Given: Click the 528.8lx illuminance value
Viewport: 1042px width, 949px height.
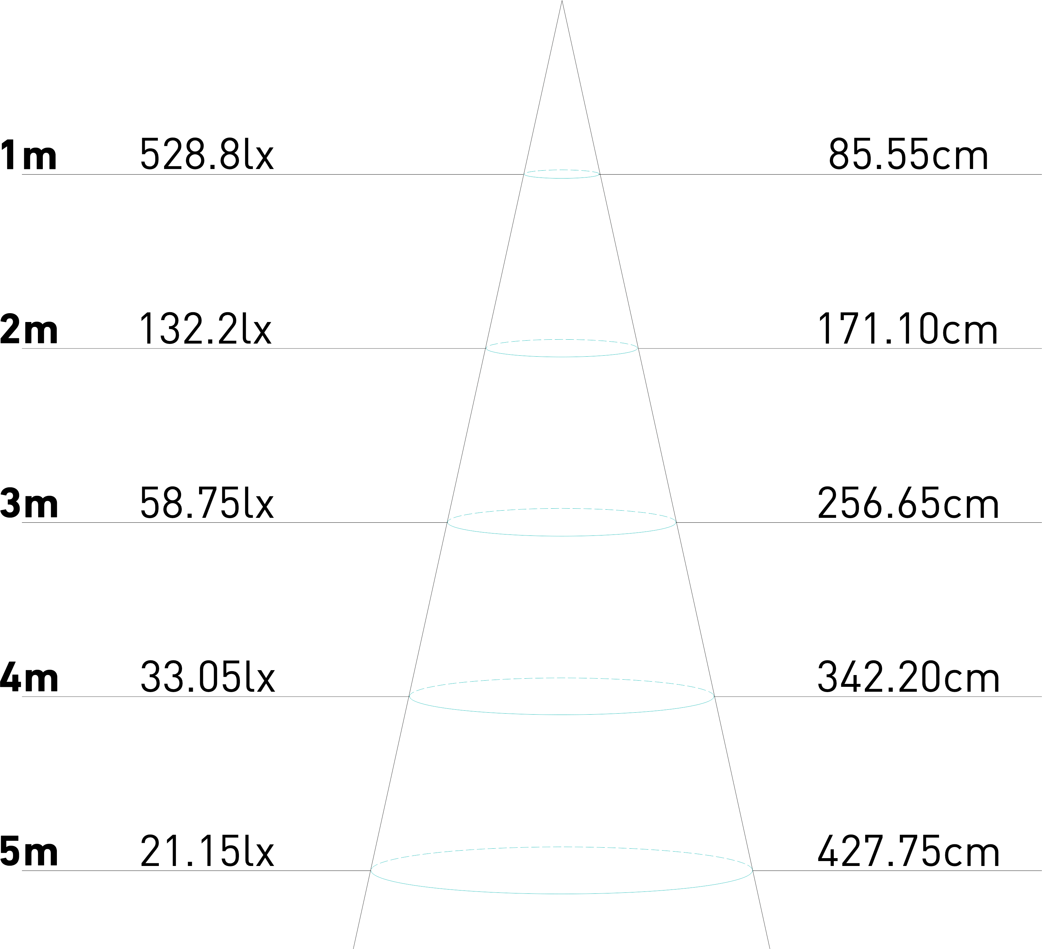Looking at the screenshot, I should (x=207, y=154).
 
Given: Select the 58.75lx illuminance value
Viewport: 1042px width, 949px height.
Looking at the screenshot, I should (x=207, y=502).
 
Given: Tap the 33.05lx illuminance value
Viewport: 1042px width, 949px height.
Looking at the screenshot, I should (x=207, y=677).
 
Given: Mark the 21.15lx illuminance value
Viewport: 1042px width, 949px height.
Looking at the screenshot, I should (x=207, y=851).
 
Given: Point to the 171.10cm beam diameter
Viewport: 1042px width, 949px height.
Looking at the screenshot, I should (x=908, y=329).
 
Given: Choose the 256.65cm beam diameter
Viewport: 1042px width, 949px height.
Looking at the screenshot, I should (x=908, y=503).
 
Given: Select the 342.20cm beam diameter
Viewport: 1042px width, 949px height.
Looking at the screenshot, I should (x=908, y=677).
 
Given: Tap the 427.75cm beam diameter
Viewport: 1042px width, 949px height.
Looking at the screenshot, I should (x=908, y=851).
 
